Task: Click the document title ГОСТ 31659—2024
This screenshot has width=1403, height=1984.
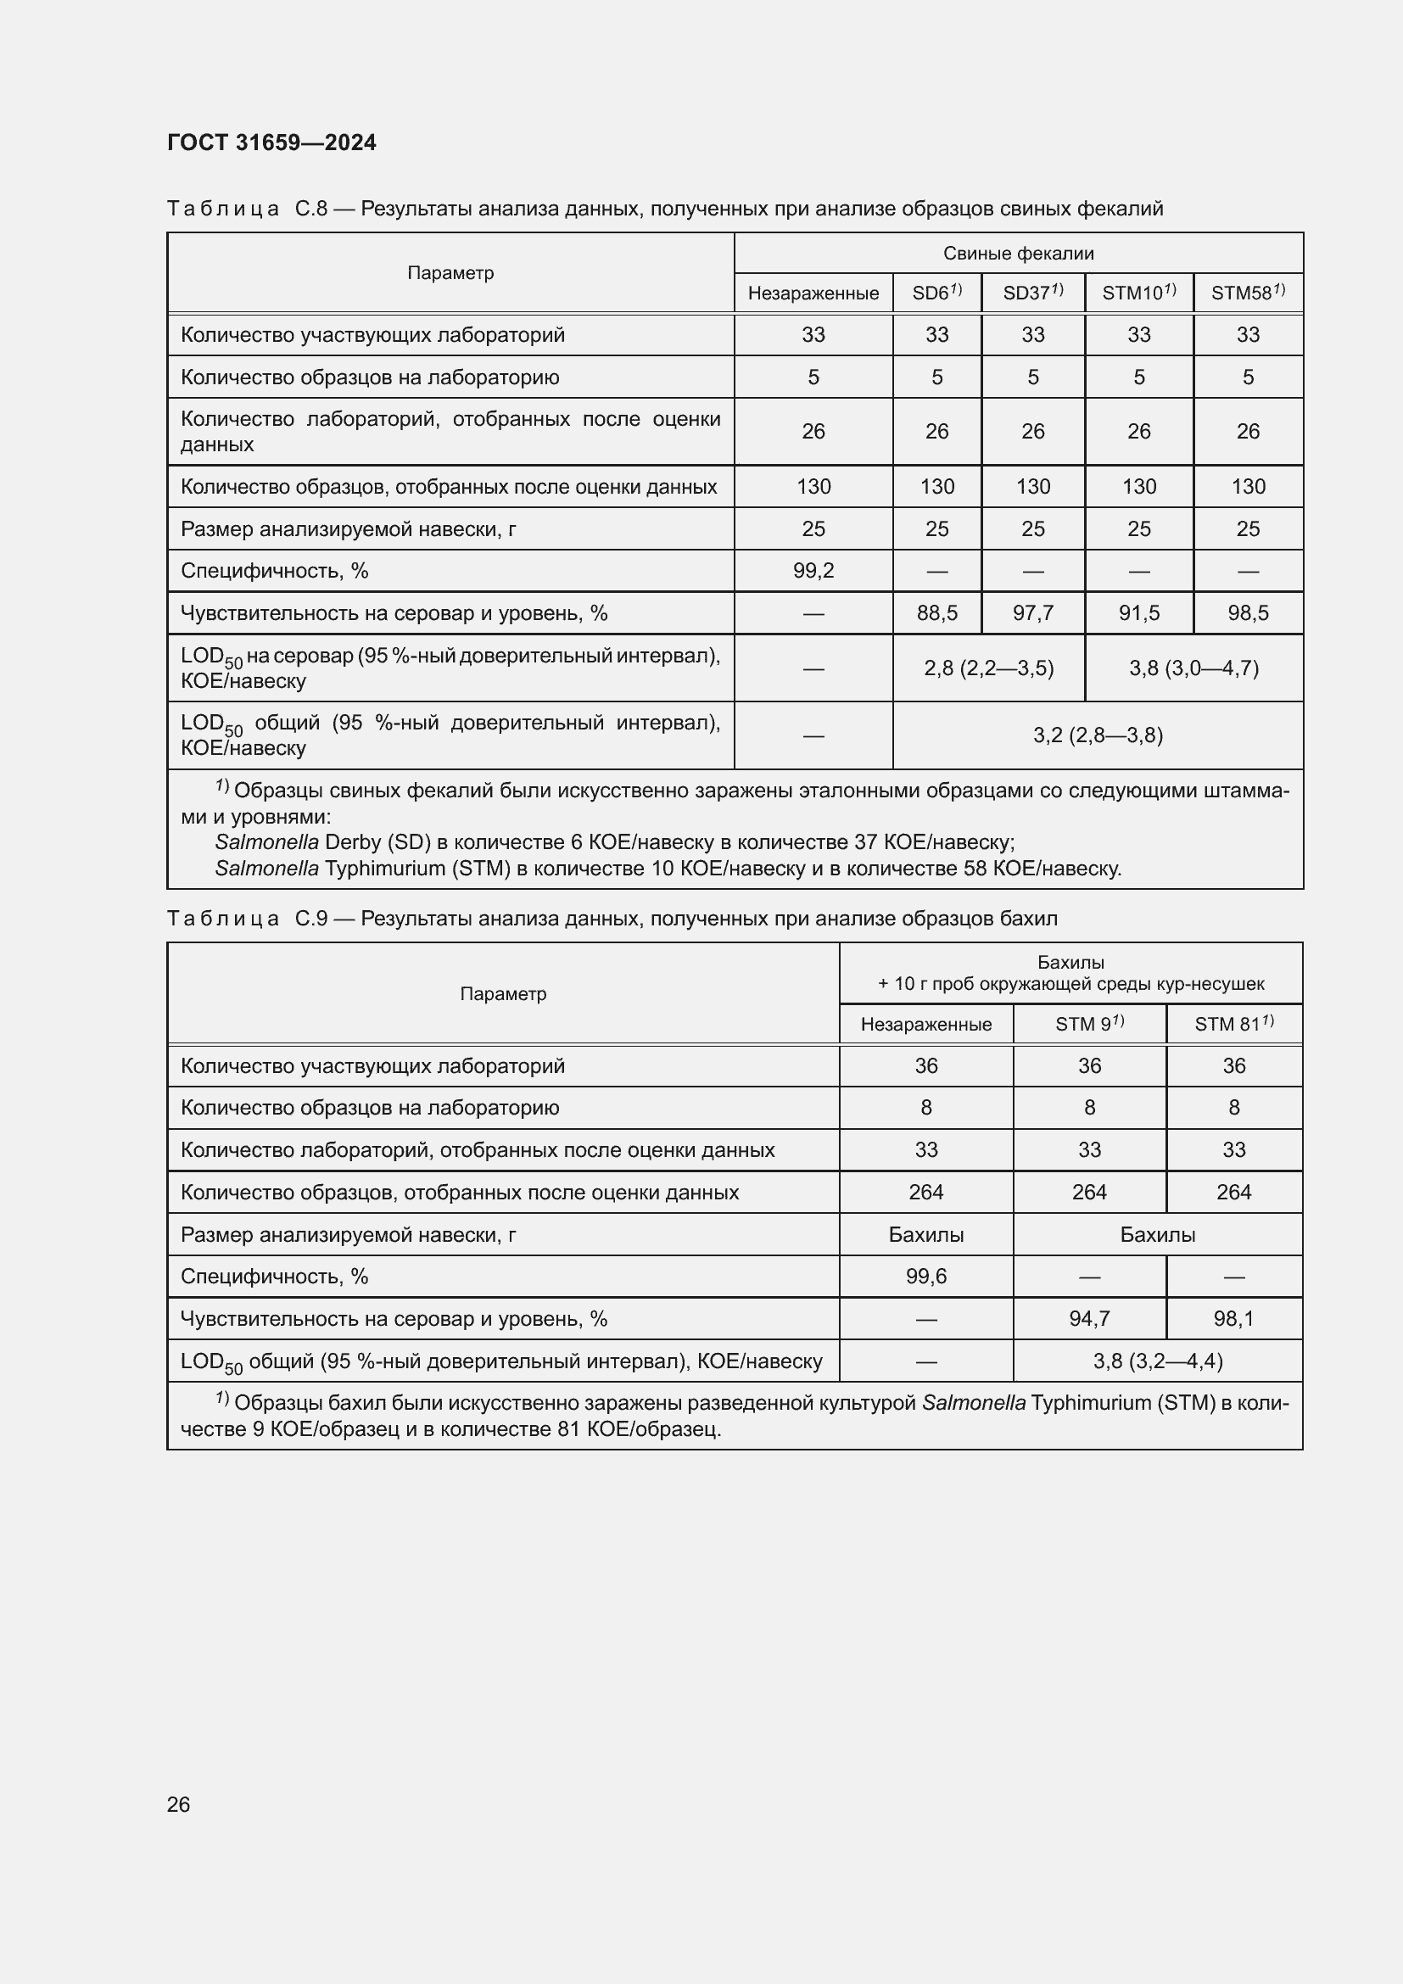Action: [271, 143]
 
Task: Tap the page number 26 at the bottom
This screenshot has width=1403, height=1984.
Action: [178, 1804]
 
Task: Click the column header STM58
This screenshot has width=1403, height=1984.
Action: [1247, 293]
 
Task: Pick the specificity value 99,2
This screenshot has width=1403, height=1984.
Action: [813, 570]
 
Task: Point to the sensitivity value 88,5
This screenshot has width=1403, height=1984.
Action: [936, 613]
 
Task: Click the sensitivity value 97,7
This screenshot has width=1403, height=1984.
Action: [1032, 613]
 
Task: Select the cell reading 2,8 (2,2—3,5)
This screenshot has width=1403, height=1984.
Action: [988, 668]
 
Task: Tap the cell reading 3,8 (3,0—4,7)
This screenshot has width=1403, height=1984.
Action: [1193, 668]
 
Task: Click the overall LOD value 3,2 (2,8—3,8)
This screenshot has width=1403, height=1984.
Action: [1097, 735]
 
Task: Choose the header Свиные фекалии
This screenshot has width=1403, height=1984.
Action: [1018, 253]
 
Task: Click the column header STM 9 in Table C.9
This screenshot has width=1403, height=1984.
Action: [1087, 1024]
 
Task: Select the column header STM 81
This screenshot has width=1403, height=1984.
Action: [1233, 1024]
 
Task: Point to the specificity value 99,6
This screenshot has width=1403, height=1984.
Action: [925, 1277]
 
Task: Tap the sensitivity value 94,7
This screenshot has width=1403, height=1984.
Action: [1088, 1319]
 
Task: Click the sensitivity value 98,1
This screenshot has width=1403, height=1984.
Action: [1233, 1319]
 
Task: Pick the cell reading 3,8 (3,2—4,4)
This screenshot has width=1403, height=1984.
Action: [1157, 1361]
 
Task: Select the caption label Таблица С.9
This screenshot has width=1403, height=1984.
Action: [247, 919]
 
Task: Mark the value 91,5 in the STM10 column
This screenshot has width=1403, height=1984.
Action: [1137, 613]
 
